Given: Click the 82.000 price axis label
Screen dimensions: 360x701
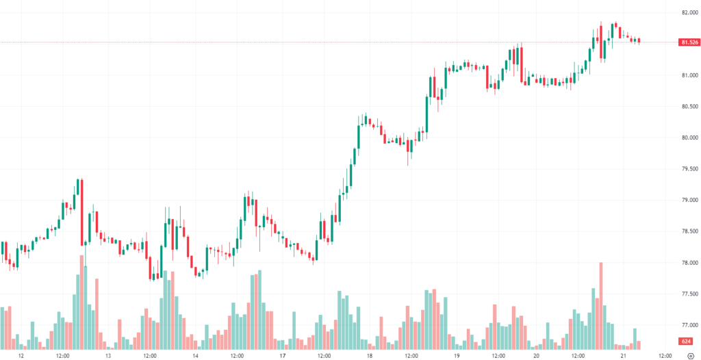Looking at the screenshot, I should pyautogui.click(x=689, y=12).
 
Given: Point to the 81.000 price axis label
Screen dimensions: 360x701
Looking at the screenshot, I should pyautogui.click(x=689, y=75).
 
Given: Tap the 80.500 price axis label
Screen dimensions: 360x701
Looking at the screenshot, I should pyautogui.click(x=689, y=106).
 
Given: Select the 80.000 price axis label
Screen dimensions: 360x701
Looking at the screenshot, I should pyautogui.click(x=689, y=138).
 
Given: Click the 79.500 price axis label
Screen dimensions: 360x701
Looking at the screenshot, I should pyautogui.click(x=689, y=168).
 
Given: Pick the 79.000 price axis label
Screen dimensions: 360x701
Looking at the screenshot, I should pyautogui.click(x=689, y=200).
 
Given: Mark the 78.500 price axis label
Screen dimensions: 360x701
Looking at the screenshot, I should pyautogui.click(x=689, y=231).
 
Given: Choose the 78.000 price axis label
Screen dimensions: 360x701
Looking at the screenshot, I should pyautogui.click(x=689, y=263).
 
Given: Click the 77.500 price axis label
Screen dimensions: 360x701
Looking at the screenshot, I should pyautogui.click(x=689, y=294).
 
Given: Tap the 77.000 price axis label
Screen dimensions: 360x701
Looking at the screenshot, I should pyautogui.click(x=689, y=325).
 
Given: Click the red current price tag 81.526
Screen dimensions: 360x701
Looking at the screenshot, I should pyautogui.click(x=689, y=42).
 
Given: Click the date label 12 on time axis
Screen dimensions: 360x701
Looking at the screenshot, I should pyautogui.click(x=21, y=356).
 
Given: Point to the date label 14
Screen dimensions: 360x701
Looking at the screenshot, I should pyautogui.click(x=195, y=356).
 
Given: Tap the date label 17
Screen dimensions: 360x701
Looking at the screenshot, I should pyautogui.click(x=282, y=356).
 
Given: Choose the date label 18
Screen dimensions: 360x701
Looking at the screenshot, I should pyautogui.click(x=369, y=356).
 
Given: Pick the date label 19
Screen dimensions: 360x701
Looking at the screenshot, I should pyautogui.click(x=456, y=356).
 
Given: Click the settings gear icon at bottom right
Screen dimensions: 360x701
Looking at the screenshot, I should pyautogui.click(x=689, y=356).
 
